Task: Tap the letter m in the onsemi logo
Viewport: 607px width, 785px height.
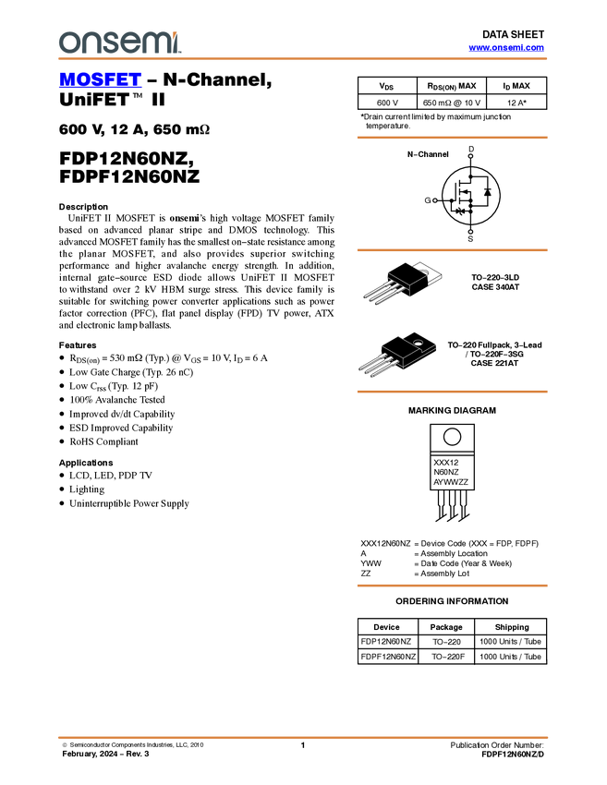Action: coord(158,42)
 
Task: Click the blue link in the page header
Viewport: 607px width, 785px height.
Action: coord(506,48)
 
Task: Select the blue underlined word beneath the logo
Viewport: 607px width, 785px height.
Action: coord(100,80)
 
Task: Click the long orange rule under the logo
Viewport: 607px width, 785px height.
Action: coord(303,59)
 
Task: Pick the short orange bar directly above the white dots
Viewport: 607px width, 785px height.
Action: coord(452,138)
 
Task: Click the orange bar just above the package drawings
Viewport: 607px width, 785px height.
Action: coord(452,250)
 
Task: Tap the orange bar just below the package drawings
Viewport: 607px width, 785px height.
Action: coord(452,392)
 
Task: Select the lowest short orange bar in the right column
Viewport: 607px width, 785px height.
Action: coord(452,586)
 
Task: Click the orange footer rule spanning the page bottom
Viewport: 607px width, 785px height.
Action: coord(303,738)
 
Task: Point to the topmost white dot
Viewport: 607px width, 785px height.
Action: coord(470,156)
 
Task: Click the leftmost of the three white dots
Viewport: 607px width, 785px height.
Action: coord(433,200)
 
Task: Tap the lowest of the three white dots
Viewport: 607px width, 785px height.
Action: coord(470,232)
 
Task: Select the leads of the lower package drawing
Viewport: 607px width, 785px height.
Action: coord(375,362)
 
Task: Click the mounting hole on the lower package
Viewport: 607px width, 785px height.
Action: coord(418,345)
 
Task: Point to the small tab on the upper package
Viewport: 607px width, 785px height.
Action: coord(425,272)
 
